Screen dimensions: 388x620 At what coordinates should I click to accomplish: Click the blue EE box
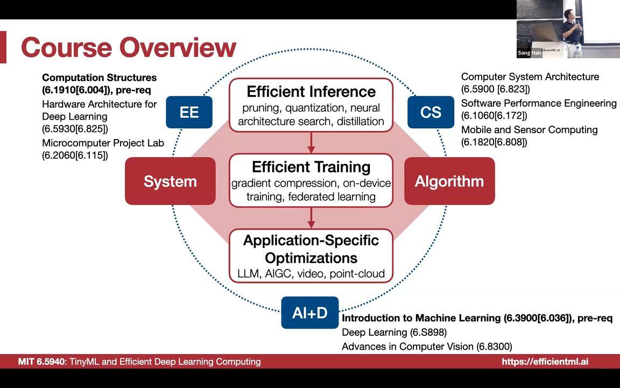pos(189,112)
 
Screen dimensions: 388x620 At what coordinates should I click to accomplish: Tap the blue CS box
pos(431,112)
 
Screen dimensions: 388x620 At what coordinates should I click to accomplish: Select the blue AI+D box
pos(309,313)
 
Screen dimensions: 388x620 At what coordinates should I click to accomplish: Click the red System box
pos(170,181)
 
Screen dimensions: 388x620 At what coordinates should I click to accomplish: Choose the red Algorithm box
pos(449,181)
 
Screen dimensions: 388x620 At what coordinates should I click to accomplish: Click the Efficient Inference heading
pos(311,92)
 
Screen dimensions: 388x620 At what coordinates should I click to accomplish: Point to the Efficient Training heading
pos(311,167)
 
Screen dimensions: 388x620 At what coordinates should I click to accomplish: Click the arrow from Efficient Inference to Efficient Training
pos(311,143)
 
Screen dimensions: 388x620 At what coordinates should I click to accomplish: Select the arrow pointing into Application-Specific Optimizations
pos(311,218)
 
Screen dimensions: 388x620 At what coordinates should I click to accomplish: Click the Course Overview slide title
pos(129,47)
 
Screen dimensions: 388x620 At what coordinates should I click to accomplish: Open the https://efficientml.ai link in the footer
pos(545,362)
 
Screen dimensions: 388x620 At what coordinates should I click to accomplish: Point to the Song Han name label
pos(529,53)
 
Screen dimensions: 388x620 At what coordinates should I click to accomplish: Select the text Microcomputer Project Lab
pos(103,143)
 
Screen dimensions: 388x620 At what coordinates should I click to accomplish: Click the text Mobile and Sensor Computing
pos(529,130)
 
